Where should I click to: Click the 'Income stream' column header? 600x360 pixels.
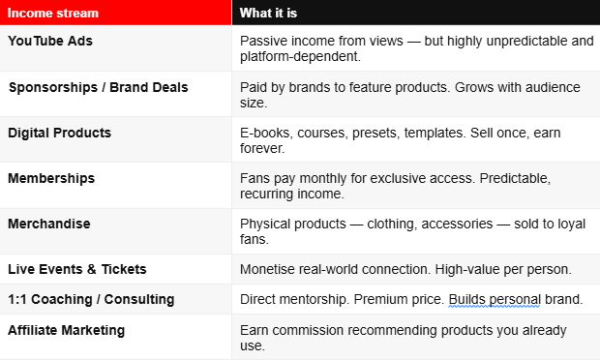coord(53,13)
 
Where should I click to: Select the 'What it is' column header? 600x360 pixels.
coord(268,13)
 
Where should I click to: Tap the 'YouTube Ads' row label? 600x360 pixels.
coord(50,41)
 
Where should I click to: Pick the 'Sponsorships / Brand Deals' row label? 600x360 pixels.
coord(99,88)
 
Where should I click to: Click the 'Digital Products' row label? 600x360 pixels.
coord(59,133)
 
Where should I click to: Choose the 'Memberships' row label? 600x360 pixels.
coord(51,179)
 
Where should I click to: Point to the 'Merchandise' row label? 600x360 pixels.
coord(49,224)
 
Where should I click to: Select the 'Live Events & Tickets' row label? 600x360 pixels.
coord(76,269)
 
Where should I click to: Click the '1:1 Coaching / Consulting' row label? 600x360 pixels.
coord(91,300)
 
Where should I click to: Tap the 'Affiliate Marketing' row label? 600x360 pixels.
coord(66,330)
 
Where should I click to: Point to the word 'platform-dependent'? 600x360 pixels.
coord(299,57)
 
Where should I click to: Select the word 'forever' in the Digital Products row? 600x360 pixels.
coord(260,148)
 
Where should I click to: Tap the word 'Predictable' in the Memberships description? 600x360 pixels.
coord(515,179)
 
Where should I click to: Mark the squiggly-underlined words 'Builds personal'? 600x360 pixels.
coord(495,300)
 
